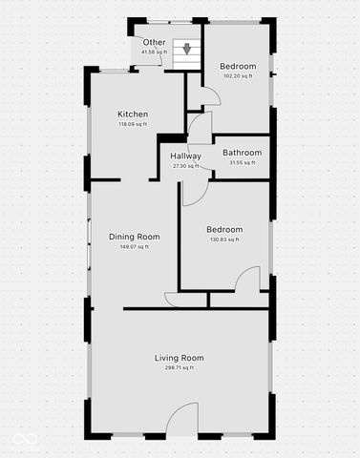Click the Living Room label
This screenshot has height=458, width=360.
(180, 358)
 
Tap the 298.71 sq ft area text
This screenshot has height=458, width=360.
(180, 367)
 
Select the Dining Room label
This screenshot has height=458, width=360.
(134, 237)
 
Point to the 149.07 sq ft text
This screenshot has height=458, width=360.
(134, 247)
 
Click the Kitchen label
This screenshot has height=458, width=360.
(133, 114)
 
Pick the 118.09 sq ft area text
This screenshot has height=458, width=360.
(133, 124)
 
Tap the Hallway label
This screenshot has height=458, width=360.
(186, 156)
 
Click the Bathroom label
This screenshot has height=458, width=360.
(243, 152)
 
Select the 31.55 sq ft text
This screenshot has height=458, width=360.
(243, 162)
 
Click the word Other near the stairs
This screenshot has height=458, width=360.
(154, 43)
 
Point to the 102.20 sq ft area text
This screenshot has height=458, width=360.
(239, 75)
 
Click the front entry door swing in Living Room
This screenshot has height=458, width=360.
(181, 421)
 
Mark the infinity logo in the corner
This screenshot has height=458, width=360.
(24, 439)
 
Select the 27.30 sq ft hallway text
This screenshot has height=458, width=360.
(186, 166)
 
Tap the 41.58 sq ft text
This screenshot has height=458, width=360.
(153, 52)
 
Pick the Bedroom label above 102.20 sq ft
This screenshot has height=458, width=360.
(239, 66)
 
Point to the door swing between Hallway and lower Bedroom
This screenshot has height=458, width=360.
(193, 190)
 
